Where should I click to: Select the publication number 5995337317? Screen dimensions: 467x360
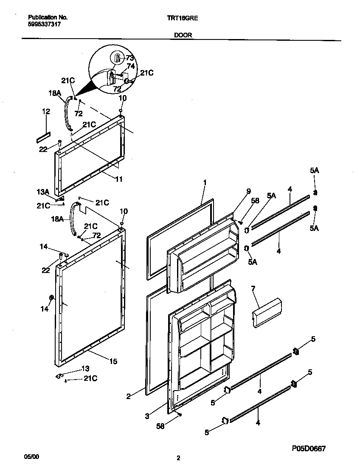click(44, 25)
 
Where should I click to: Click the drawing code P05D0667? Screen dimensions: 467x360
click(309, 448)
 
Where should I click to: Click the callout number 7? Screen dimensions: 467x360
click(253, 289)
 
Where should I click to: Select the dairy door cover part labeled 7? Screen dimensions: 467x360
click(267, 312)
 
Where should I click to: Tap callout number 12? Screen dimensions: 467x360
click(46, 112)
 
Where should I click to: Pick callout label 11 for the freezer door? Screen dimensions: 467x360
click(119, 179)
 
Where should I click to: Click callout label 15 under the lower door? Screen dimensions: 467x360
click(113, 361)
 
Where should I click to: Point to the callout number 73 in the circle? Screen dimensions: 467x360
click(130, 58)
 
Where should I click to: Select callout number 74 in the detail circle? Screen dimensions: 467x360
click(131, 66)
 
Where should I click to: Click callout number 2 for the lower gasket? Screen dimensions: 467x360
click(128, 397)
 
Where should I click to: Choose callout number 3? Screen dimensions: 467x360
click(146, 416)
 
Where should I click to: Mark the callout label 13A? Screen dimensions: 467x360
click(43, 192)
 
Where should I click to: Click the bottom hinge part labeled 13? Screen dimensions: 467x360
click(59, 375)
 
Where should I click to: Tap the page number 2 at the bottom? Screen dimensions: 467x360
click(178, 458)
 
